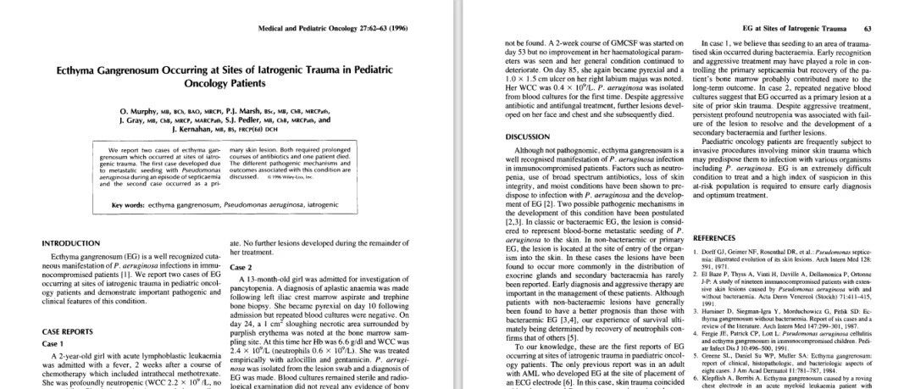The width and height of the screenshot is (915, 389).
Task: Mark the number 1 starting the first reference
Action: pos(696,252)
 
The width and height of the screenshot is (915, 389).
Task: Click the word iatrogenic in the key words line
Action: pos(349,204)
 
